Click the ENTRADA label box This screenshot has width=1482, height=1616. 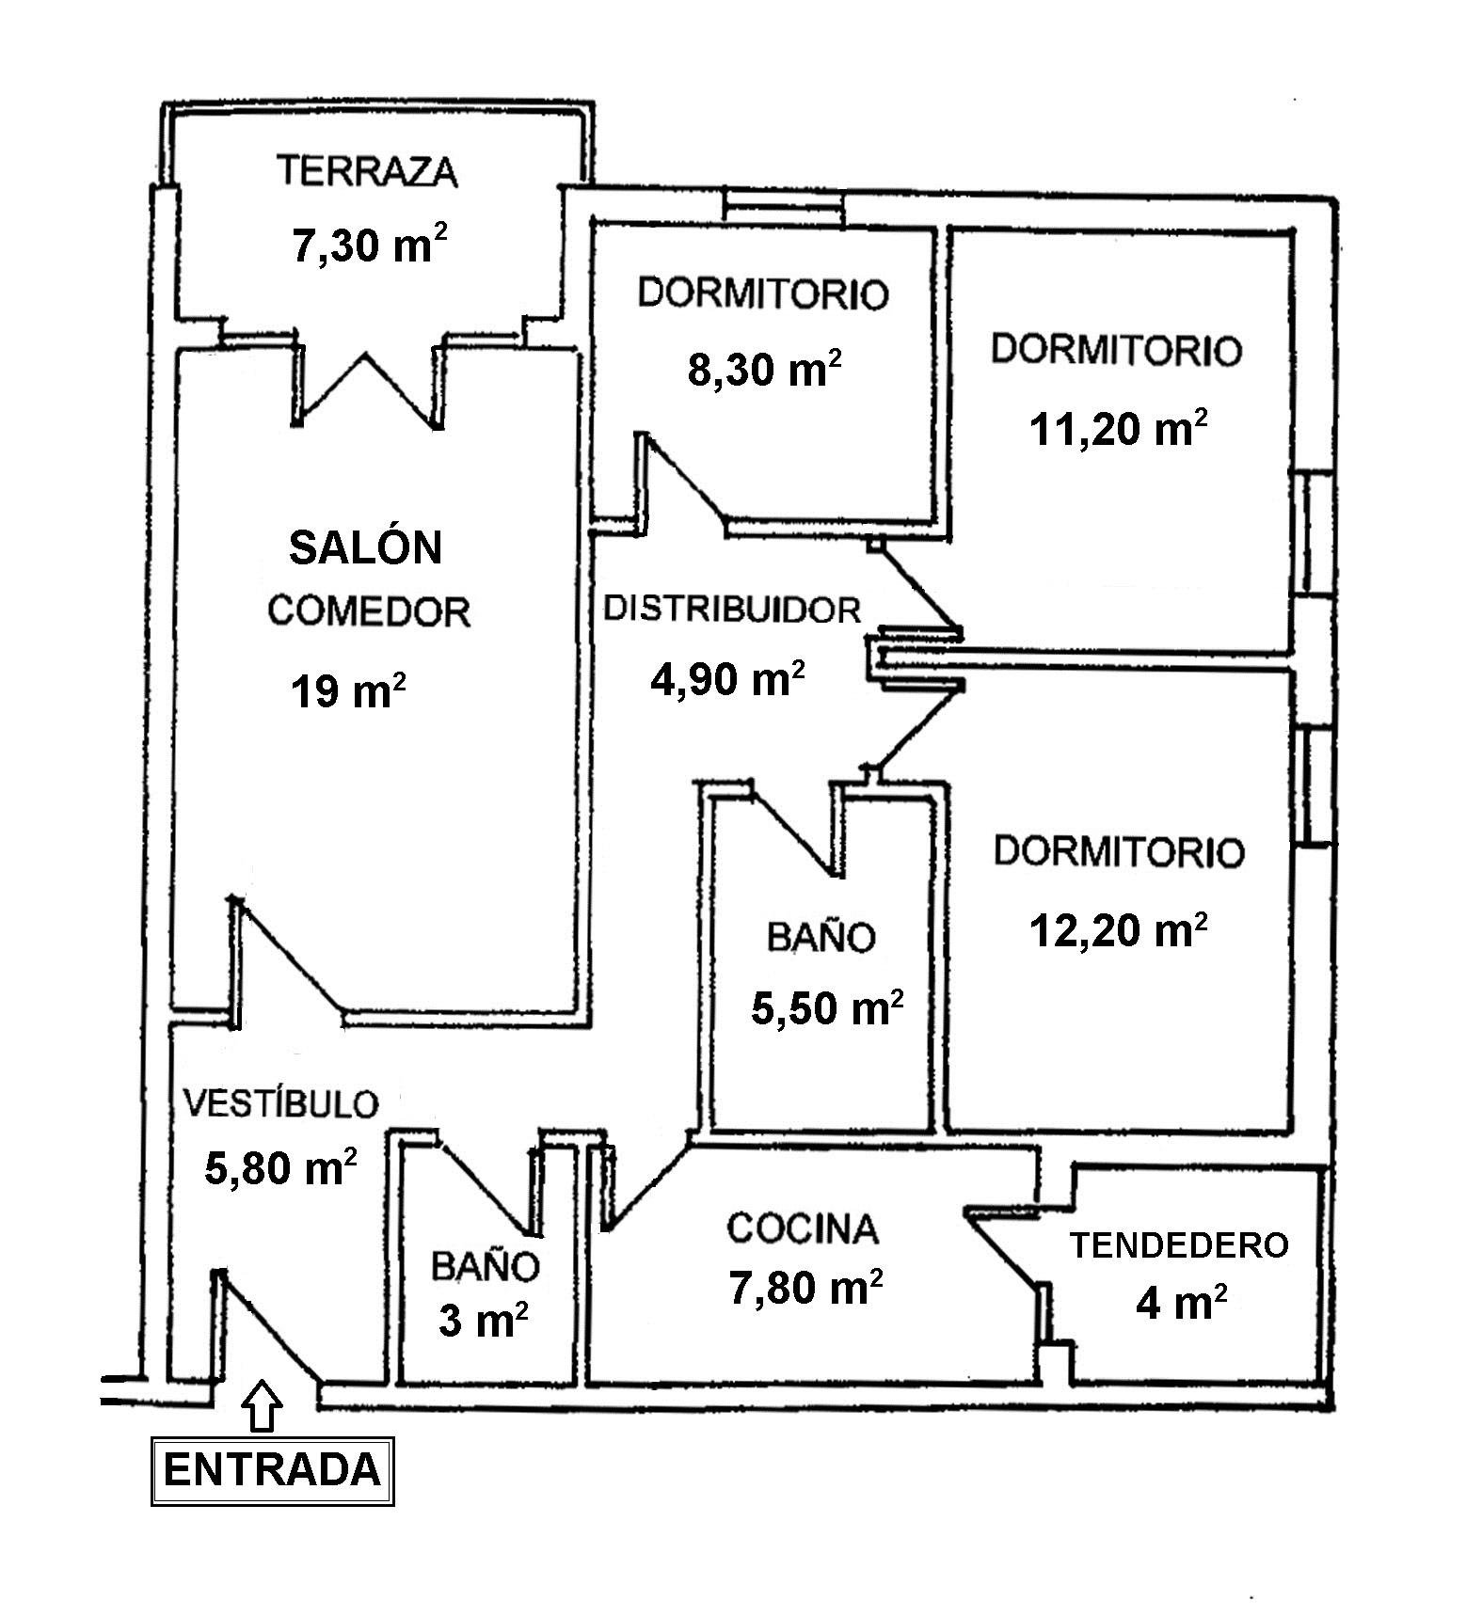pos(272,1470)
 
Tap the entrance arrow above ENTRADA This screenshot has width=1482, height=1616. pos(263,1404)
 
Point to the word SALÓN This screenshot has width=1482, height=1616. pos(365,547)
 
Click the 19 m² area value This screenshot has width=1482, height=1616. pos(348,691)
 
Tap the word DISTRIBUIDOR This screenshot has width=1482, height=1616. pos(732,610)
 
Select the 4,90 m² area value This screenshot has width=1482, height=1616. pos(727,677)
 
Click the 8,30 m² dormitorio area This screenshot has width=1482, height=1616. pos(764,369)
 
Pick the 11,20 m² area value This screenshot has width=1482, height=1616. pos(1119,430)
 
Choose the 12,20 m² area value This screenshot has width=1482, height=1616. pos(1119,930)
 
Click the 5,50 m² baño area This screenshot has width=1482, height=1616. pos(827,1008)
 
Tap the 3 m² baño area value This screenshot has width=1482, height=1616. pos(483,1322)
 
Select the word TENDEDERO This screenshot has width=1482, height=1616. pos(1179,1244)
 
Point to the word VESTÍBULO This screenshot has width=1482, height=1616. pos(280,1103)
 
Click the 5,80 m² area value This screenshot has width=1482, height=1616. pos(280,1168)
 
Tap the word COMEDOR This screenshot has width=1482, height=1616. pos(369,611)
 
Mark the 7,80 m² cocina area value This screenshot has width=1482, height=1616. pos(805,1287)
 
